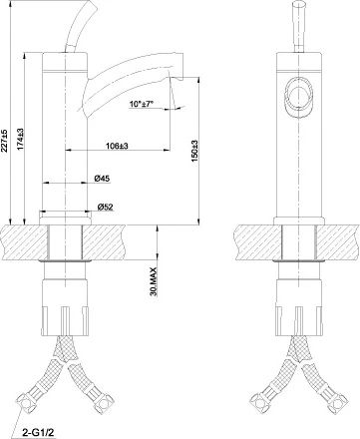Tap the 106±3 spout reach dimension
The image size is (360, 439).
(118, 147)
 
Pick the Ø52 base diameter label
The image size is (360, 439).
(106, 209)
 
